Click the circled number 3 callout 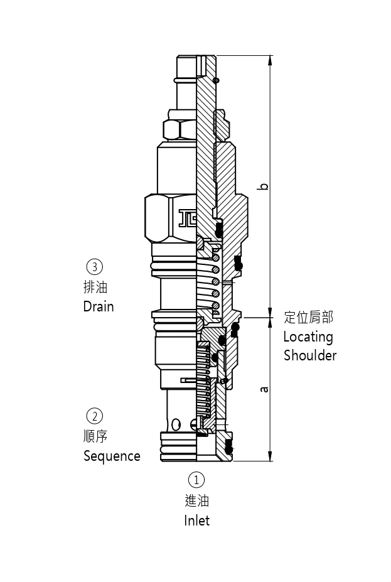click(x=94, y=267)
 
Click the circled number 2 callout click(x=94, y=416)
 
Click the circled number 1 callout click(x=196, y=480)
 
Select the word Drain click(x=99, y=306)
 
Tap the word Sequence click(x=112, y=456)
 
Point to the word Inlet click(x=196, y=520)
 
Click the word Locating click(x=308, y=337)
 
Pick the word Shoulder click(x=310, y=355)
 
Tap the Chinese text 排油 click(x=95, y=287)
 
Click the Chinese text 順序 click(x=95, y=436)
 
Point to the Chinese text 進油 click(x=196, y=500)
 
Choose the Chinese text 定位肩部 click(x=308, y=317)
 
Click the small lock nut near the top click(x=179, y=129)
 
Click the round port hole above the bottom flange click(x=176, y=424)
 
